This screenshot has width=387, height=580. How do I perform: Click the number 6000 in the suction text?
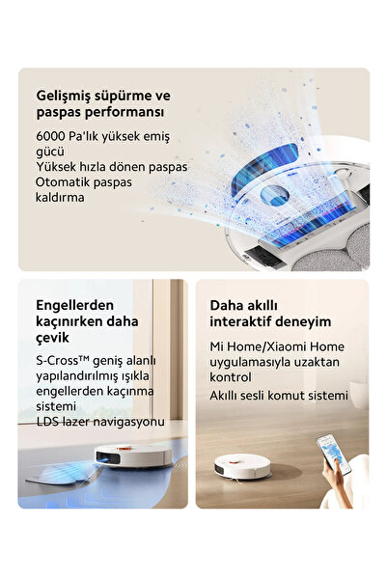[x=51, y=136]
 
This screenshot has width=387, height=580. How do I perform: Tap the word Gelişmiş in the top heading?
[x=64, y=97]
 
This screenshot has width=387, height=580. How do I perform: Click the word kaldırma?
[x=60, y=198]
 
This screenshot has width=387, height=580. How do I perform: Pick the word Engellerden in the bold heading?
[x=74, y=306]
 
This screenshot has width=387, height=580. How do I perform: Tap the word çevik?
[x=52, y=338]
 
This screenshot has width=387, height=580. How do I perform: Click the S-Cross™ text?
[x=63, y=361]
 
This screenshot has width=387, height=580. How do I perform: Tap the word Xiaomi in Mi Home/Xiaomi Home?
[x=287, y=347]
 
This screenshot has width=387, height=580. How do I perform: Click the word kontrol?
[x=231, y=377]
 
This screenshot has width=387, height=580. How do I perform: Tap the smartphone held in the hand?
[x=334, y=455]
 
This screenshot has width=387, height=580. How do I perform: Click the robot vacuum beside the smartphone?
[x=242, y=466]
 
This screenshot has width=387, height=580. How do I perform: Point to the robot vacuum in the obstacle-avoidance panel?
[x=133, y=456]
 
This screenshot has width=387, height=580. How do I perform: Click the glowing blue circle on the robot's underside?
[x=274, y=195]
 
